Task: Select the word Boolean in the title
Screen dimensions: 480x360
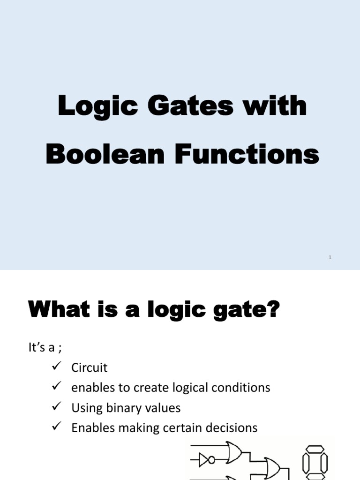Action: [105, 154]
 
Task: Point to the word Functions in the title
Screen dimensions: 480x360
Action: [247, 154]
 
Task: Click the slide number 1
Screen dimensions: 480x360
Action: [330, 257]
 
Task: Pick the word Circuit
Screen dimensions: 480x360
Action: [89, 367]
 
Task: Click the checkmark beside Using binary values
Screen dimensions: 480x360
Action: [57, 406]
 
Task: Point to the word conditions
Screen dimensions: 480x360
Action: [242, 388]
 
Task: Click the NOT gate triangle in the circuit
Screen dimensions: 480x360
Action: [205, 460]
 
